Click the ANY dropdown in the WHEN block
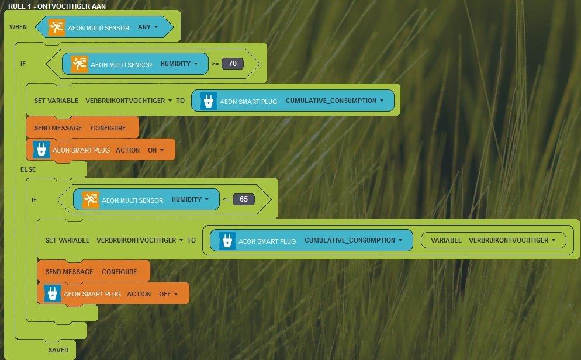pos(147,27)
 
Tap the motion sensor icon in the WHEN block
pos(57,27)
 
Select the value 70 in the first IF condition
pos(232,64)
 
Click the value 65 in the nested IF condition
pos(243,199)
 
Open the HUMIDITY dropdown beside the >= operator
pos(179,64)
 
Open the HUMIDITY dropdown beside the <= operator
pos(191,200)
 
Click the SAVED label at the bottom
pos(58,351)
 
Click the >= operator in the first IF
pos(215,64)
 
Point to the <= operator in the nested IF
pos(226,200)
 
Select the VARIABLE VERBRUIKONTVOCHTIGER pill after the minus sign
pos(493,240)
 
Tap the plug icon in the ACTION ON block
pos(41,150)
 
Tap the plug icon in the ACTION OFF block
pos(53,293)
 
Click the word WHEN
pos(18,27)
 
